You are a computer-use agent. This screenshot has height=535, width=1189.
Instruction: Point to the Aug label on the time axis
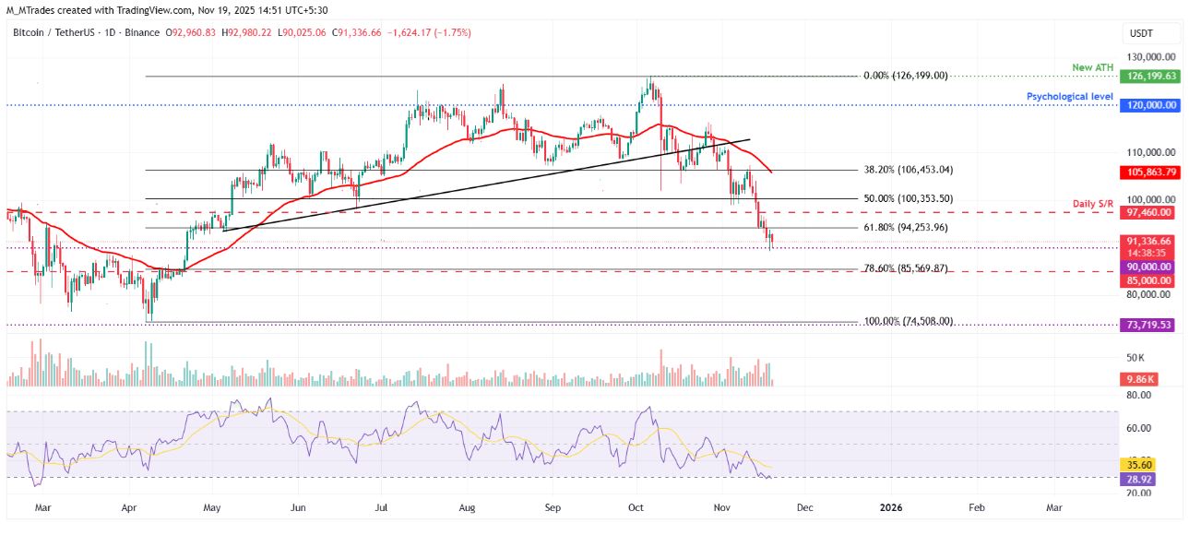[x=467, y=507]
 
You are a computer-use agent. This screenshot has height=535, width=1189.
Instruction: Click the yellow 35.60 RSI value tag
[x=1136, y=465]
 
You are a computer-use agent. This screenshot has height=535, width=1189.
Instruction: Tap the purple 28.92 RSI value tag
[x=1136, y=478]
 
